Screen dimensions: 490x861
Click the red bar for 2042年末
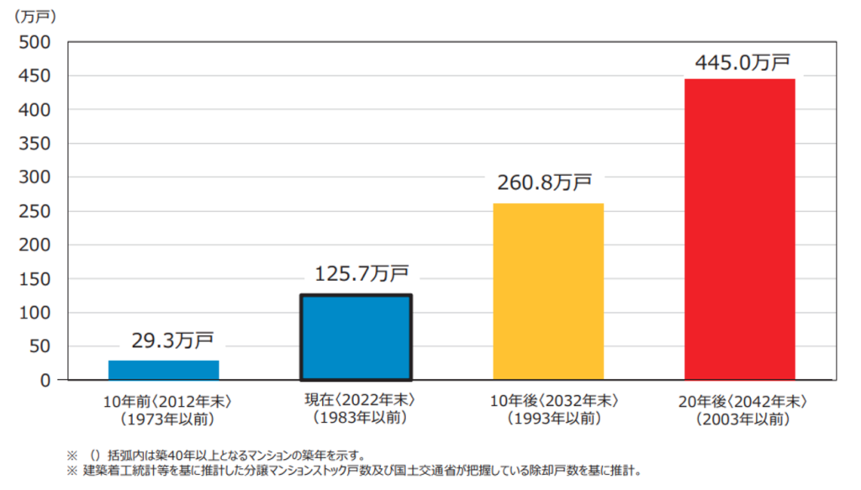tap(740, 229)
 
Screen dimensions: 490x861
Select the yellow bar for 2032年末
tap(548, 291)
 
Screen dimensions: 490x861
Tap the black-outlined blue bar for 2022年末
tap(357, 337)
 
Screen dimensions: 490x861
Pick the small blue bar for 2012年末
tap(164, 370)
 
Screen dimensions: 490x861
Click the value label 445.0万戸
tap(742, 63)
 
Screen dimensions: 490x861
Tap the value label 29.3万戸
tap(172, 340)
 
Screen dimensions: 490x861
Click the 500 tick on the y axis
tap(35, 42)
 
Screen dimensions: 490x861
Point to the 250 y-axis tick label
tap(35, 211)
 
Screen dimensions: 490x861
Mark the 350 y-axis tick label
tap(35, 144)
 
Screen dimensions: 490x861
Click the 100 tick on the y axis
tap(35, 313)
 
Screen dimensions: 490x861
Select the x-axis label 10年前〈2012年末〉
tap(165, 401)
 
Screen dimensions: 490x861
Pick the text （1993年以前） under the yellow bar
tap(549, 418)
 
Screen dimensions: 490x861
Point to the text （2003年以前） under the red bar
tap(741, 418)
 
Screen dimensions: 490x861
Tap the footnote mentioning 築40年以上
tap(252, 454)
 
